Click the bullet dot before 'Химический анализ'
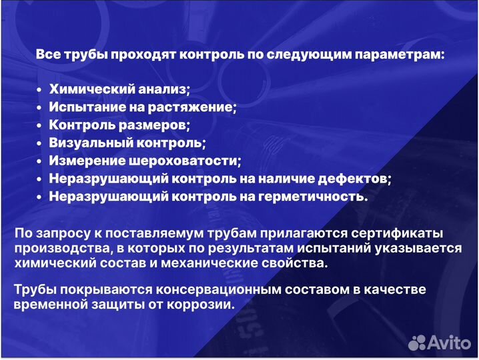point(41,90)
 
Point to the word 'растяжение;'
point(202,107)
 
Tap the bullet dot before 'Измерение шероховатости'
point(41,161)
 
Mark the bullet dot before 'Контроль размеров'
point(41,125)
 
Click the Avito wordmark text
point(451,342)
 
